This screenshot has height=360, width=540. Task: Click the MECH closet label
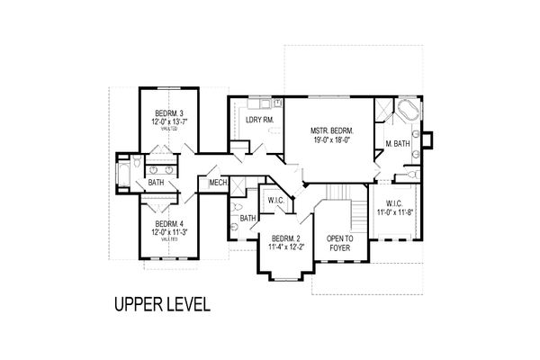[217, 184]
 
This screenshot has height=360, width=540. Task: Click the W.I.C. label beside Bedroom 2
[276, 201]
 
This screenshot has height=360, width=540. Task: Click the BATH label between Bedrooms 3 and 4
[157, 184]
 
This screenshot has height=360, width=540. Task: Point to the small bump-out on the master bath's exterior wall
[429, 139]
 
